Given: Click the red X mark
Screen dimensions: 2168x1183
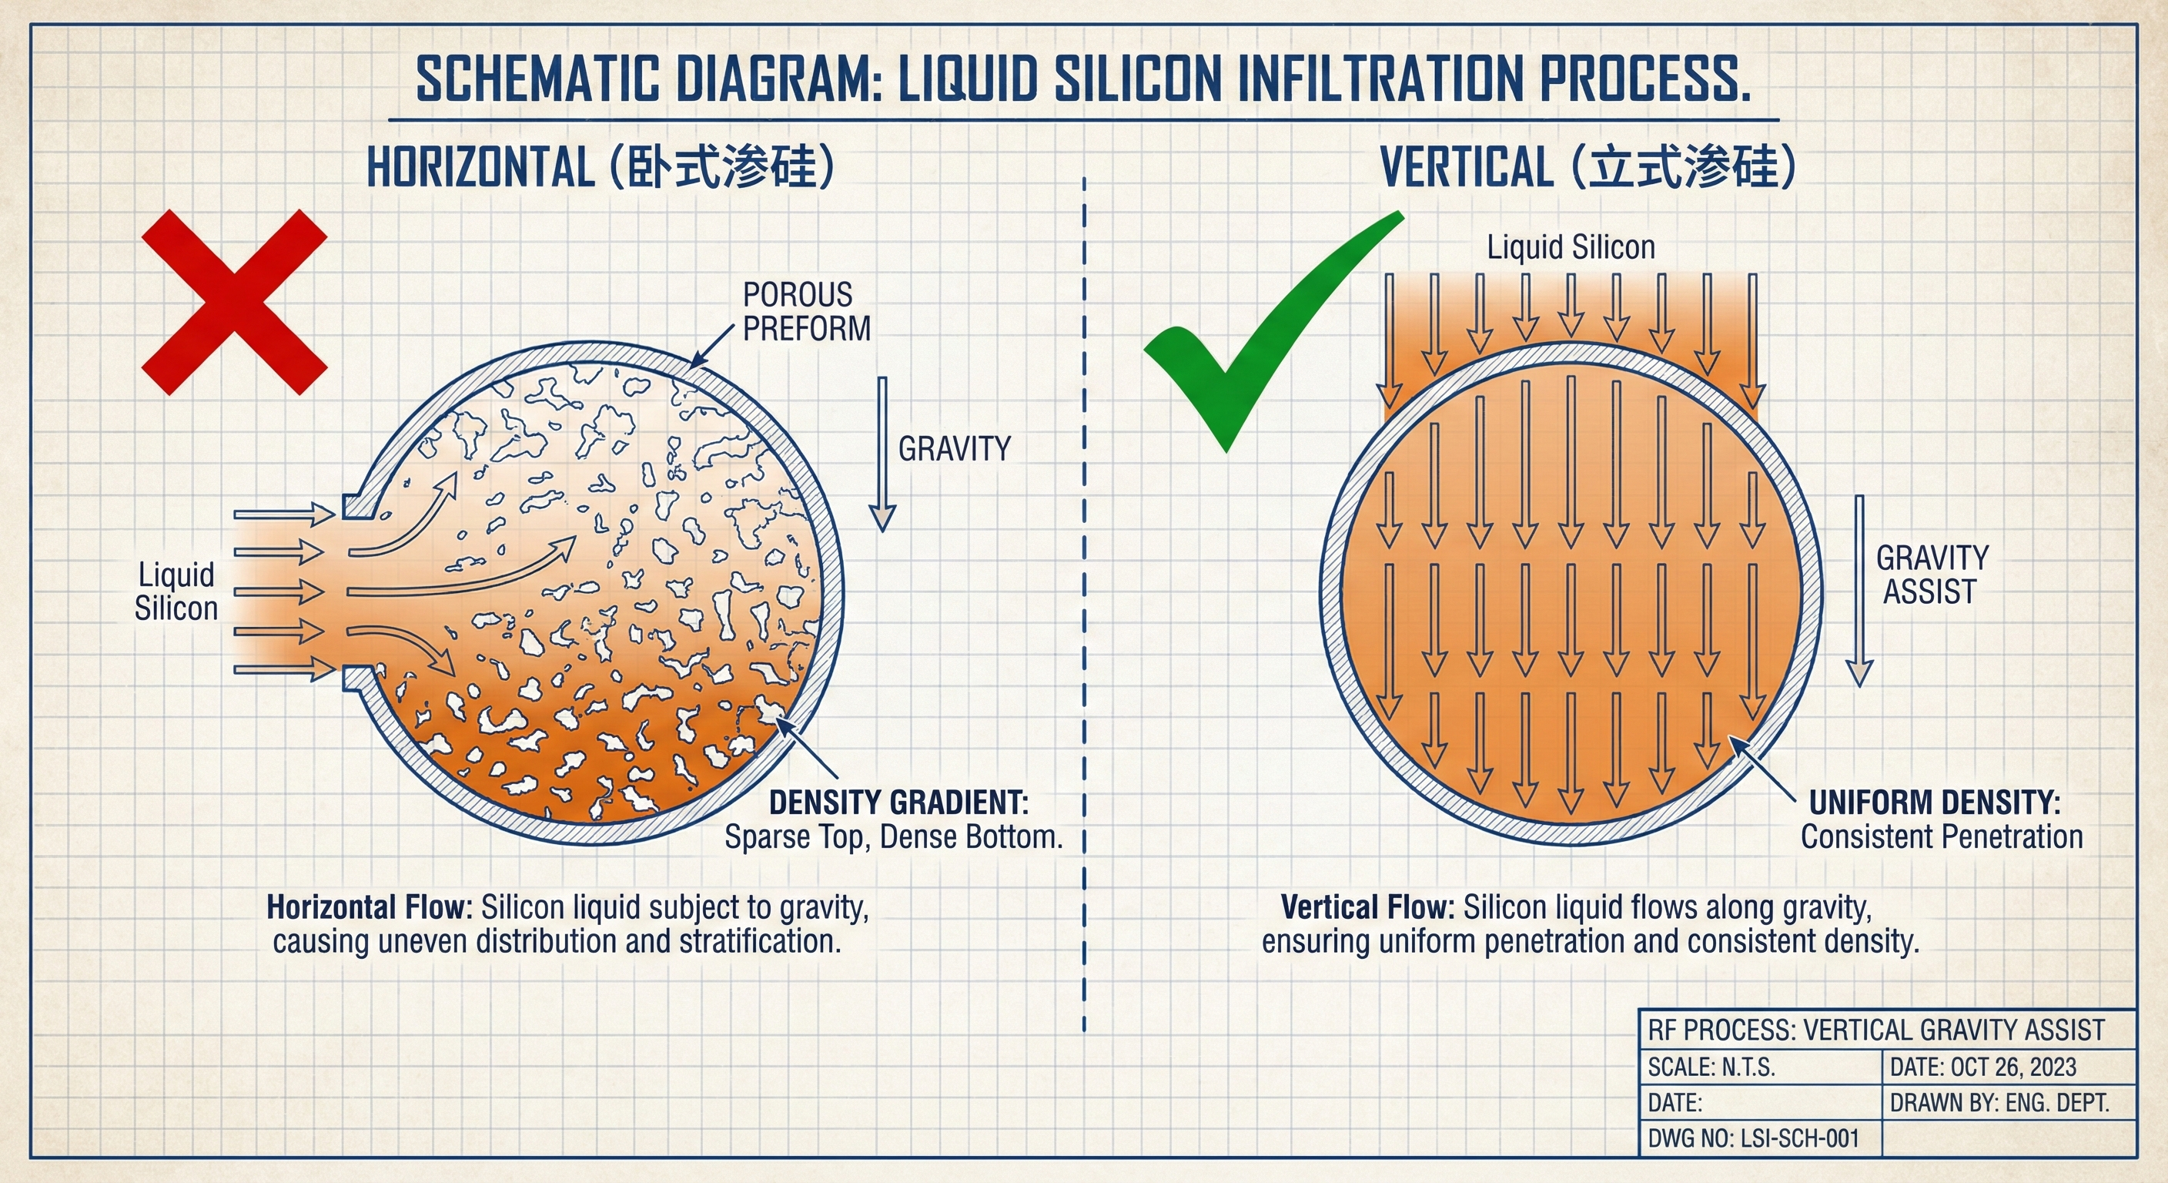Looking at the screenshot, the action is [234, 302].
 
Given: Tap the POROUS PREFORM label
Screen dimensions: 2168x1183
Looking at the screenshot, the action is [806, 311].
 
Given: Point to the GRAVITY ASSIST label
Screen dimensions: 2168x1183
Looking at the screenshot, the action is [1932, 575].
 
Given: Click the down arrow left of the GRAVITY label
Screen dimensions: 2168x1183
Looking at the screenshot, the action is [882, 454].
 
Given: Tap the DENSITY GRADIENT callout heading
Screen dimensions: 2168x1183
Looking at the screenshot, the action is [899, 803].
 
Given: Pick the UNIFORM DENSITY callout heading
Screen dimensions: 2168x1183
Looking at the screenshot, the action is [1935, 803].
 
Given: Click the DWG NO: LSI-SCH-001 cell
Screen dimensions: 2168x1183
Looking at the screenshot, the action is [1759, 1138].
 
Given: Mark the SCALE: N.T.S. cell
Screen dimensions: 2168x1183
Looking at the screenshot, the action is [1760, 1067].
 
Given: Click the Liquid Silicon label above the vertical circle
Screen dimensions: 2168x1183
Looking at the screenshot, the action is [1571, 247].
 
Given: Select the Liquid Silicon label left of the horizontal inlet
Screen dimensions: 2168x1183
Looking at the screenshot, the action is [176, 591].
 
